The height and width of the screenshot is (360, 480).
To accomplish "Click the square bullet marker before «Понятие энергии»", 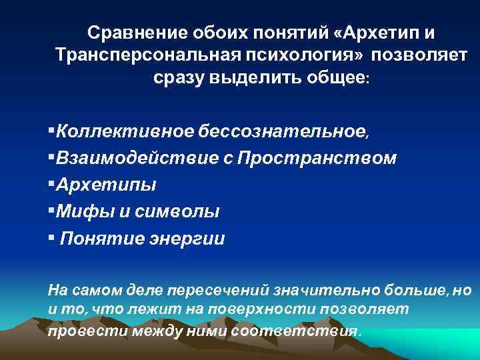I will tap(51, 238).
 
